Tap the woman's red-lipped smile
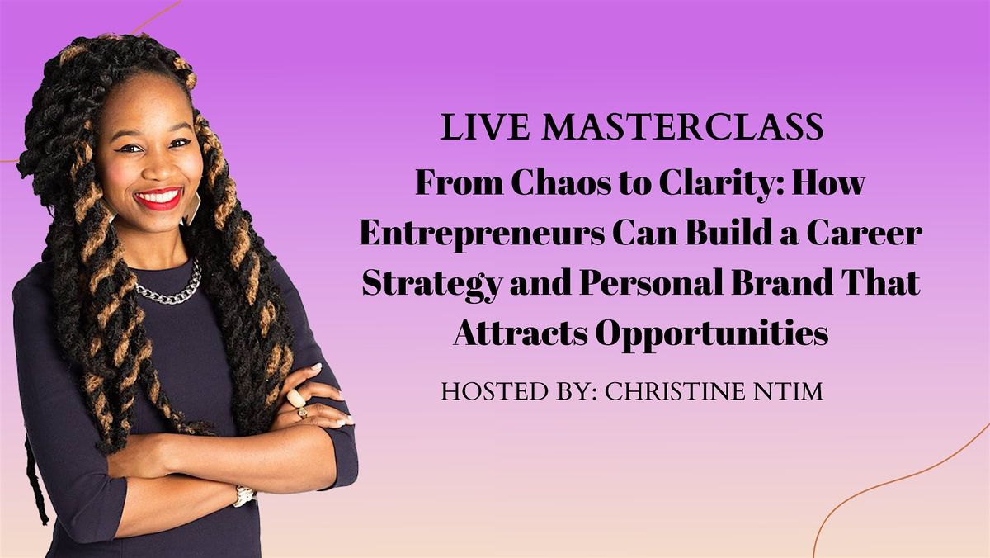click(x=158, y=198)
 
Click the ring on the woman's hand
click(x=295, y=400)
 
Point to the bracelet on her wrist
click(x=244, y=495)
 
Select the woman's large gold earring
click(x=193, y=206)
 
